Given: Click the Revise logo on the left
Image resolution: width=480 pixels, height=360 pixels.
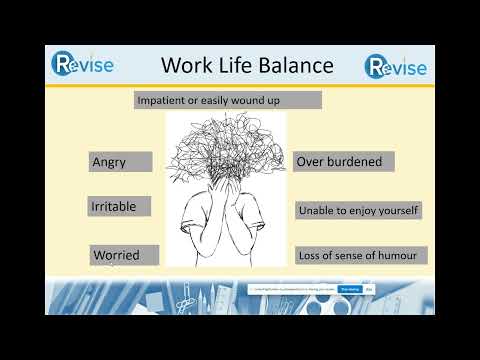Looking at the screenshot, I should point(83,65).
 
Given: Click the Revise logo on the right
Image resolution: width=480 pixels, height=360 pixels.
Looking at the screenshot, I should point(396,67).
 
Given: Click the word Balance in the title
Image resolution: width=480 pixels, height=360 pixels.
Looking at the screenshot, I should point(290,66).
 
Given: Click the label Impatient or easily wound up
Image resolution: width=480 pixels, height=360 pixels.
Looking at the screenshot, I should point(228,100).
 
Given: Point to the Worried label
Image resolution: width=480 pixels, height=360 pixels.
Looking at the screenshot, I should point(124,254).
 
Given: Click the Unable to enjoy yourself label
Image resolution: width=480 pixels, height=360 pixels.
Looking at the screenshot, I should point(359,210).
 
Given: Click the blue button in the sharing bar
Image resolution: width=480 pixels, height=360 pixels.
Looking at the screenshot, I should point(349,289).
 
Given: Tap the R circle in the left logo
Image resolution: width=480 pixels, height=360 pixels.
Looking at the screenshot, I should point(63,65).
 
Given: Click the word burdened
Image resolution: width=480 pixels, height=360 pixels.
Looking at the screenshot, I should point(358,161).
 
